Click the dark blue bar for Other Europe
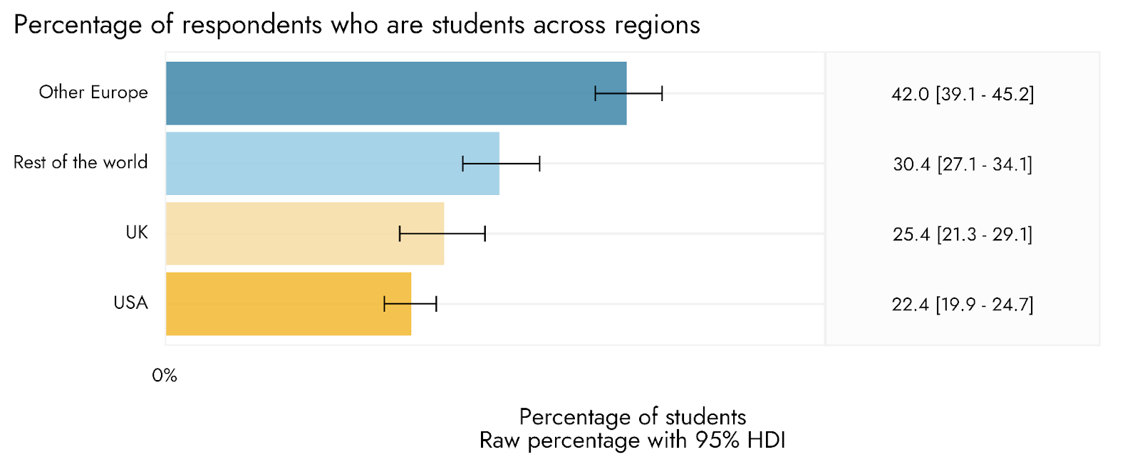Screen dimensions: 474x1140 pyautogui.click(x=396, y=93)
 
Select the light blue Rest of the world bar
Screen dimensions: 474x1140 pyautogui.click(x=332, y=164)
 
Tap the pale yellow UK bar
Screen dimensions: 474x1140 pyautogui.click(x=305, y=233)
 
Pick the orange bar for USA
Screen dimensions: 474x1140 pyautogui.click(x=289, y=304)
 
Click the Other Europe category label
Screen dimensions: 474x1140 pyautogui.click(x=93, y=93)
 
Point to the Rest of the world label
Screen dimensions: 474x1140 pyautogui.click(x=81, y=162)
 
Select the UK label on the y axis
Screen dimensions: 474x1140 pyautogui.click(x=137, y=233)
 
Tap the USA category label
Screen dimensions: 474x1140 pyautogui.click(x=131, y=303)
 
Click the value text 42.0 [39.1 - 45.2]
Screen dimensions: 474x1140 pyautogui.click(x=963, y=94)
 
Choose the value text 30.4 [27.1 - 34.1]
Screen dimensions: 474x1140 pyautogui.click(x=963, y=164)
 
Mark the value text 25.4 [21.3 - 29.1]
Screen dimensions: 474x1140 pyautogui.click(x=963, y=234)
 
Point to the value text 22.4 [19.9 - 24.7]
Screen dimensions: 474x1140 pyautogui.click(x=963, y=305)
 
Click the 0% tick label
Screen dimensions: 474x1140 pyautogui.click(x=165, y=376)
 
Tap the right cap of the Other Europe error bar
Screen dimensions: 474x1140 pyautogui.click(x=662, y=93)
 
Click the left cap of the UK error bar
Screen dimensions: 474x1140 pyautogui.click(x=400, y=233)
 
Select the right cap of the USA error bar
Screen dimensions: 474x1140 pyautogui.click(x=436, y=304)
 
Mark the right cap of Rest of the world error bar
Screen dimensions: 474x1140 pyautogui.click(x=539, y=164)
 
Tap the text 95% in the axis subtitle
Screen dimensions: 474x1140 pyautogui.click(x=718, y=441)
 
